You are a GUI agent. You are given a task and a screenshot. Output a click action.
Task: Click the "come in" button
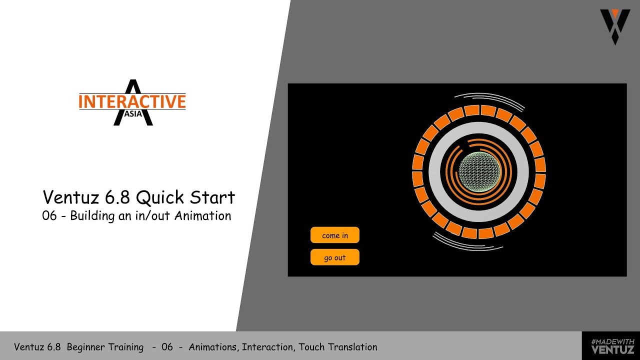point(335,235)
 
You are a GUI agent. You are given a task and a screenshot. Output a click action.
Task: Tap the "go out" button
point(335,257)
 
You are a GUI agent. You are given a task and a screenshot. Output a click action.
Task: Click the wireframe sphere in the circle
point(479,172)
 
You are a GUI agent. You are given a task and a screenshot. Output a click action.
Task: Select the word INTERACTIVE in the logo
point(132,101)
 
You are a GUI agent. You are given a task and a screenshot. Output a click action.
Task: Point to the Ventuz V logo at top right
point(614,26)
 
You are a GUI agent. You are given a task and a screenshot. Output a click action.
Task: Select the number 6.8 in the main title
point(117,197)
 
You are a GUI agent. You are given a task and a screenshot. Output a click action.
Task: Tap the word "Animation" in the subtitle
point(202,216)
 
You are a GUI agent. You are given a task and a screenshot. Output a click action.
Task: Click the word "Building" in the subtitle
point(93,216)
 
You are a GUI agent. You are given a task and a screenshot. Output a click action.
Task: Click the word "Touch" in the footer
point(311,347)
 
